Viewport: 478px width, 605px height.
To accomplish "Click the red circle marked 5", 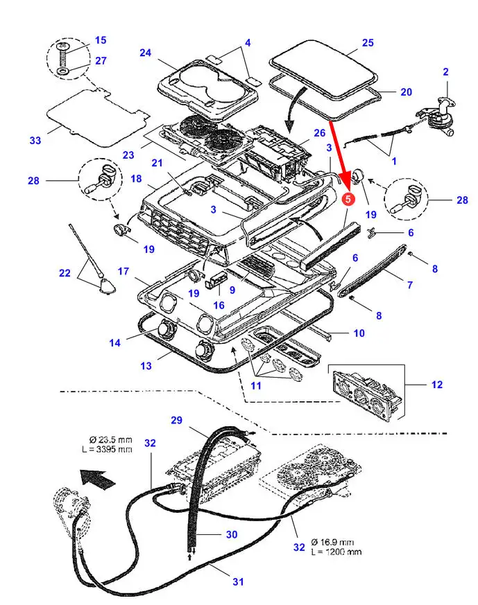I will (x=348, y=199).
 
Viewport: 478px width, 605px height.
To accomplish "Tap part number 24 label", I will (x=145, y=53).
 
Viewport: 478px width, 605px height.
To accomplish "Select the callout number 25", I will (x=368, y=43).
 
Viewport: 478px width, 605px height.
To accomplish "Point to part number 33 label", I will (x=35, y=141).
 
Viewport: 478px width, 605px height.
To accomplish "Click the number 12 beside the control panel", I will (x=436, y=385).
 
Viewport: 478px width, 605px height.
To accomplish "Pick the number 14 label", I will (x=115, y=342).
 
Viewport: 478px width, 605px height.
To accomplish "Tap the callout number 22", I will (x=65, y=273).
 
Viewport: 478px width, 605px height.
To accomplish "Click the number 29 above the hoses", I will (x=176, y=421).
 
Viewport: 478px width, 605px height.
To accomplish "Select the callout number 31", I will (x=238, y=581).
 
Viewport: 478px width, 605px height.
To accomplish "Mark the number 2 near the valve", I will (x=445, y=71).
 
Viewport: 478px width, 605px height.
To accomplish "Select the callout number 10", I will (x=359, y=333).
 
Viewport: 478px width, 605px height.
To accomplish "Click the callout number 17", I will (x=123, y=271).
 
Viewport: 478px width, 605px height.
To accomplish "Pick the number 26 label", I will (x=319, y=132).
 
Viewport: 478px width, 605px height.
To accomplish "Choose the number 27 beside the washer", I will (x=101, y=61).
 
